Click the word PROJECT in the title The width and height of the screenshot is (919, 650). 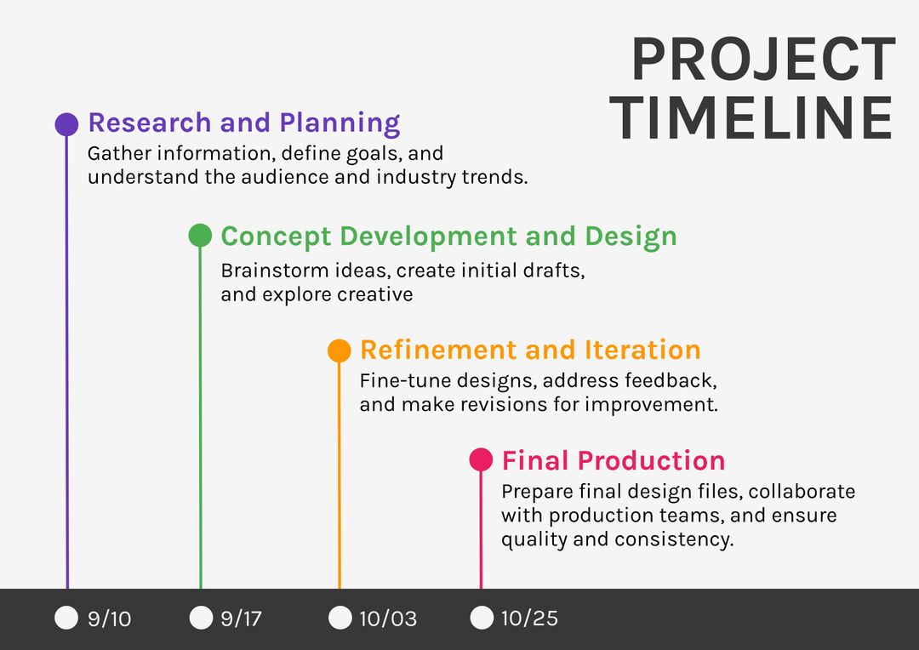(763, 61)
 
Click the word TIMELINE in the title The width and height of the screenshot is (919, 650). (752, 118)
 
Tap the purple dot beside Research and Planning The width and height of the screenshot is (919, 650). (66, 124)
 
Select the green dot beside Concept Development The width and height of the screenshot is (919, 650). (200, 236)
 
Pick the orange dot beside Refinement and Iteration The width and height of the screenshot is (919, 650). (340, 351)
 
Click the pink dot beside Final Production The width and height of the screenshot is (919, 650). (481, 460)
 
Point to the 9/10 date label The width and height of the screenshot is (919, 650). (110, 619)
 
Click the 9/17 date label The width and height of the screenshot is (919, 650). (241, 619)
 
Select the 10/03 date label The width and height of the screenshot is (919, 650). (388, 619)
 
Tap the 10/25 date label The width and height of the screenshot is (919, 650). (529, 619)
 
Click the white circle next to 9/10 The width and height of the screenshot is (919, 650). (66, 618)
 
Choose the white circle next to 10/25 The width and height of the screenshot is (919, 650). (482, 618)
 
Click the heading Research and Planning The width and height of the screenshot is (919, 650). (243, 123)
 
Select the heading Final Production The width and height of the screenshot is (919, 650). (613, 461)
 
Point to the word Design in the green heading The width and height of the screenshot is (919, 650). (631, 236)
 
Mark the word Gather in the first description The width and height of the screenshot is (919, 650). (119, 154)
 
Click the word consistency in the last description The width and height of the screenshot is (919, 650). (673, 539)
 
